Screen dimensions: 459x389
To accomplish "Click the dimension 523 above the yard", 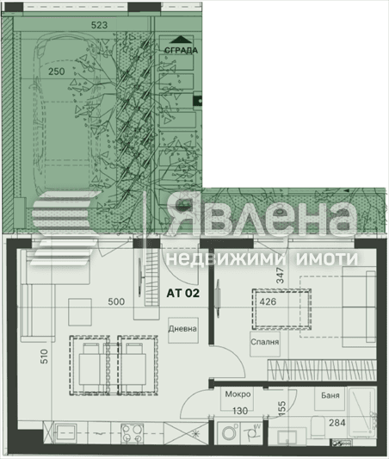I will [x=99, y=26].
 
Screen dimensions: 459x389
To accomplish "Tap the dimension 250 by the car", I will [x=57, y=71].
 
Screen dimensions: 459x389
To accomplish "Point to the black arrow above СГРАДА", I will [x=181, y=39].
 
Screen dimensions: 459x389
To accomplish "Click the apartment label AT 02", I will [x=182, y=293].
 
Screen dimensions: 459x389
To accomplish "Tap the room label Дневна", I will [x=182, y=329].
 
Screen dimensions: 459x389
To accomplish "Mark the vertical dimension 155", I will [x=282, y=409].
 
